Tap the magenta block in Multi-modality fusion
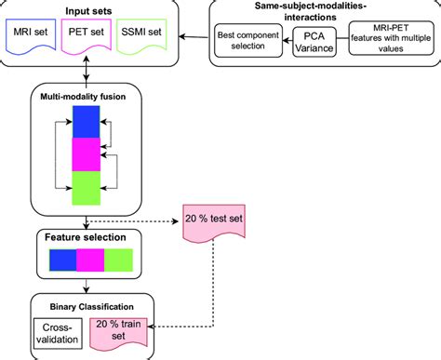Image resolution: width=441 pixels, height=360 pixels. coord(85,153)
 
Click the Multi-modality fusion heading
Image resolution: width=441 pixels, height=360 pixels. coord(85,96)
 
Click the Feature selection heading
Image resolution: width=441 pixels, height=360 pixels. coord(85,237)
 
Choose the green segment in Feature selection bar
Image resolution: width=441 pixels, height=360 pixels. coord(117,260)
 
